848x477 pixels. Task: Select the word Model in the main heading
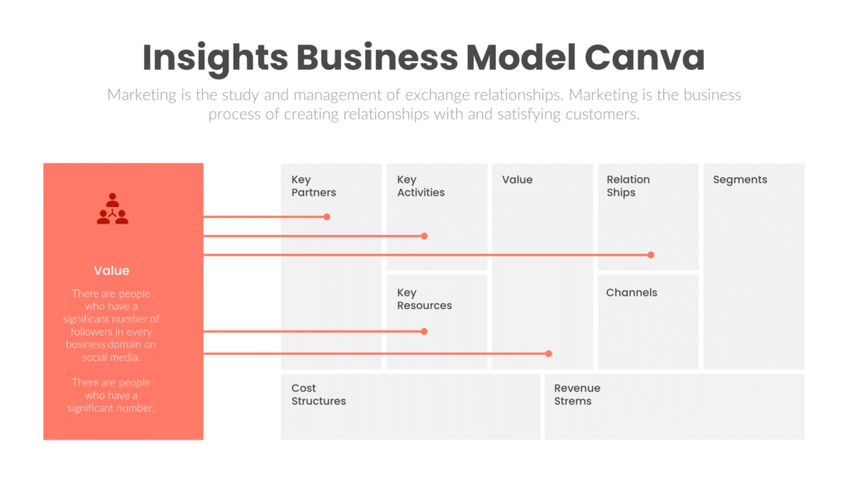(x=520, y=58)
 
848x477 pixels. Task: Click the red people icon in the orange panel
(x=113, y=210)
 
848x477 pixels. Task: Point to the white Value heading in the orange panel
(x=111, y=271)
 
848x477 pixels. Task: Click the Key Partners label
(x=313, y=186)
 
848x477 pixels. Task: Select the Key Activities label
(x=420, y=186)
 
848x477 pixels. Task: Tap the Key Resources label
(x=424, y=299)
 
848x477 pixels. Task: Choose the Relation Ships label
(x=628, y=186)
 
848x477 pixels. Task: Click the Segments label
(x=740, y=180)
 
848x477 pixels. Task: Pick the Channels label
(x=631, y=292)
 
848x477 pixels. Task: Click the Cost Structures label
(x=318, y=394)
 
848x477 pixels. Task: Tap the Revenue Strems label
(x=576, y=394)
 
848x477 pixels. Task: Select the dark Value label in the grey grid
(x=517, y=180)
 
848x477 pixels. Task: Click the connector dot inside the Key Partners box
(x=327, y=217)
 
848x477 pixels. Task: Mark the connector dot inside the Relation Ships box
(x=651, y=255)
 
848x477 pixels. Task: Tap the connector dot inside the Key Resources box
(x=424, y=331)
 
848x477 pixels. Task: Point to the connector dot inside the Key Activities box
(x=424, y=236)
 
